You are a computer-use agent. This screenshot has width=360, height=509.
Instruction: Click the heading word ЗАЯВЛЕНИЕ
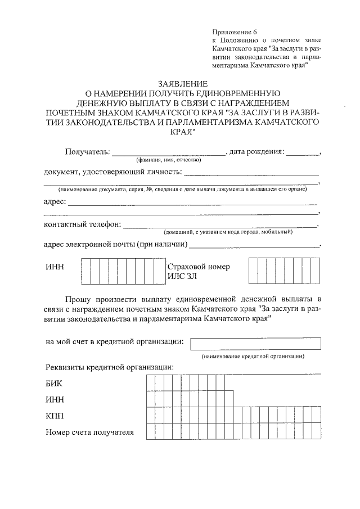178,83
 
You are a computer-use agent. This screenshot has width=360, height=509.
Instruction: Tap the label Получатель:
87,152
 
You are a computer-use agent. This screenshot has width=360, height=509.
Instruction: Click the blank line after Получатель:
168,152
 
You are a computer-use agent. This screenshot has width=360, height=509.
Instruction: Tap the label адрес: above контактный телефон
55,201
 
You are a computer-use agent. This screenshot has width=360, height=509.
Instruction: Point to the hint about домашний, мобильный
227,232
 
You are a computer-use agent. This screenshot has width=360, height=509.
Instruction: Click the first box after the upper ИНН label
86,272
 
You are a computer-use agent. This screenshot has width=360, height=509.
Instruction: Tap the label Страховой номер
195,267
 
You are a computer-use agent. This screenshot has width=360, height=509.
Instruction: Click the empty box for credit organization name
256,343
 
